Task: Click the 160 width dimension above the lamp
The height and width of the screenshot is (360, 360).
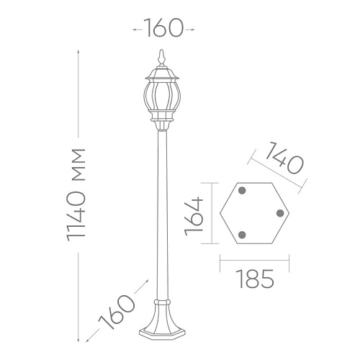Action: tap(163, 27)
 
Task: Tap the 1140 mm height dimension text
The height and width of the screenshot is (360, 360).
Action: tap(76, 194)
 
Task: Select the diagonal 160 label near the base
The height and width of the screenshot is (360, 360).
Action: tap(117, 312)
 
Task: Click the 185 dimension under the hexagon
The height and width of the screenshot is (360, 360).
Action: tap(255, 279)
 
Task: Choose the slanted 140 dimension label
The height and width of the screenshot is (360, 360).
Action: tap(284, 158)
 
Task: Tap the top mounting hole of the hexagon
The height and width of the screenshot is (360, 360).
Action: tap(242, 191)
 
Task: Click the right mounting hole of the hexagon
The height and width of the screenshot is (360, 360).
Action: tap(280, 213)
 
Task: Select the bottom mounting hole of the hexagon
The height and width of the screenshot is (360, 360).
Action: tap(242, 235)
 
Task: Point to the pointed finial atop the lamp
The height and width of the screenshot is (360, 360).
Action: tap(162, 58)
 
